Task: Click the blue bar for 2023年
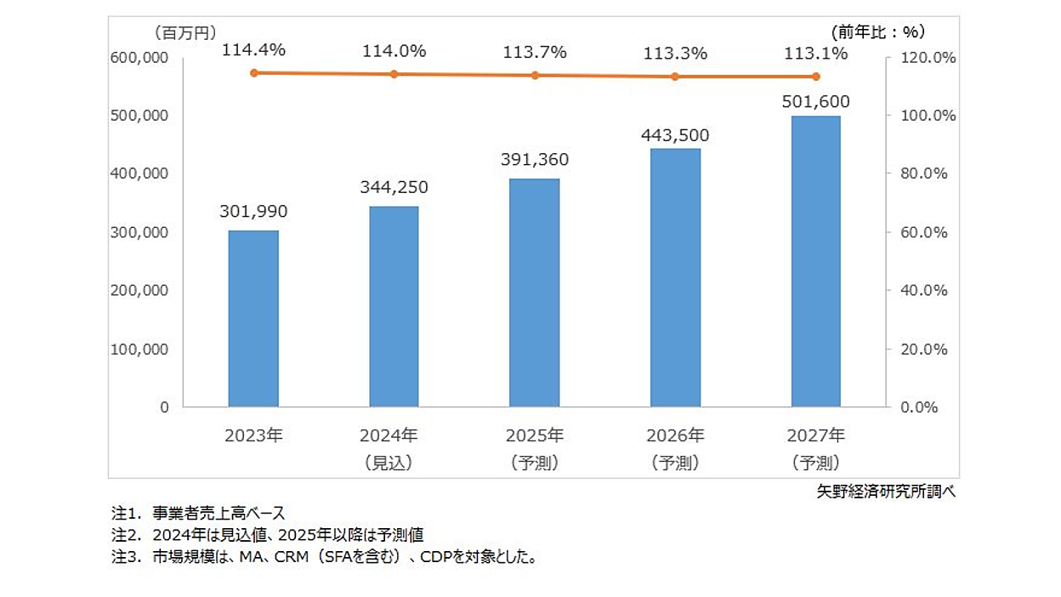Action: point(253,319)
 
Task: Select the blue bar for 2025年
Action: point(535,293)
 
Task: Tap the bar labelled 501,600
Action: point(816,261)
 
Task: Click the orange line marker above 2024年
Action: point(394,75)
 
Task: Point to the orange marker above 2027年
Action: point(816,77)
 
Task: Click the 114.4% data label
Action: point(253,51)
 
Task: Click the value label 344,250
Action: point(394,187)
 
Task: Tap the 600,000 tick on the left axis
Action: point(140,58)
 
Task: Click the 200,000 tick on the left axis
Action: point(140,290)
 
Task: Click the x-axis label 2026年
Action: point(676,436)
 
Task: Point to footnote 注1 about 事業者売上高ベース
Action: point(199,514)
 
